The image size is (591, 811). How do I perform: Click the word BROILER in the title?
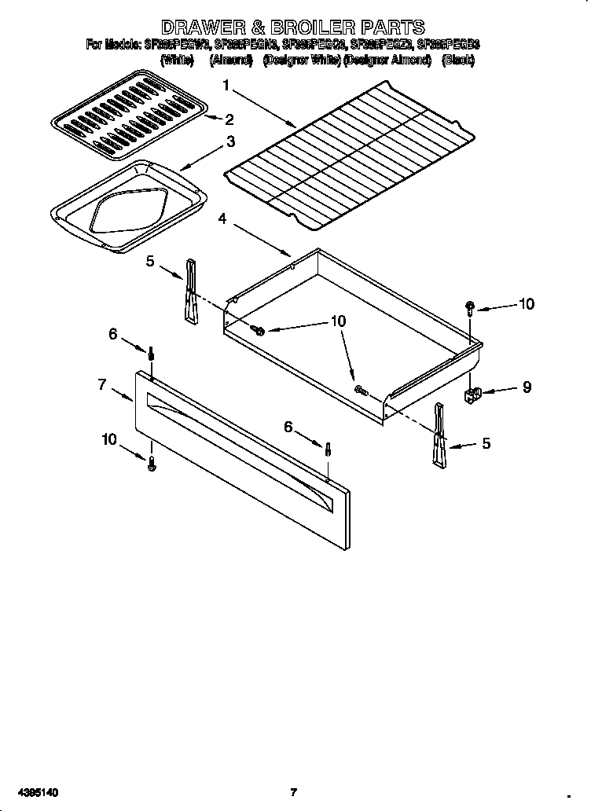tap(297, 29)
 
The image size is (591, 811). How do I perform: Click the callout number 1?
tap(226, 85)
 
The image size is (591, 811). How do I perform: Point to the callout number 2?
tap(229, 120)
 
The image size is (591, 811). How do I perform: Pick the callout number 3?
tap(230, 142)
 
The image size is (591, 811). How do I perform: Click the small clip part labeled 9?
tap(474, 392)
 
